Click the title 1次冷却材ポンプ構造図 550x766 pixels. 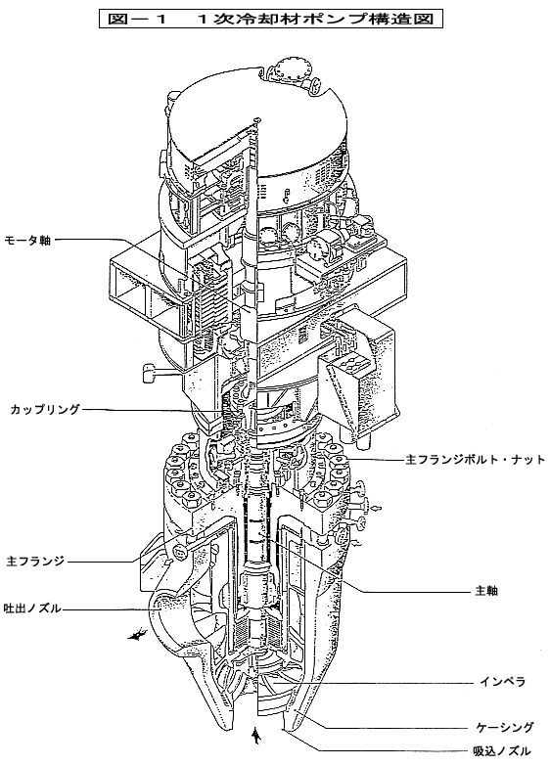(316, 19)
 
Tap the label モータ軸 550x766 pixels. (27, 241)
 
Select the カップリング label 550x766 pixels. (45, 409)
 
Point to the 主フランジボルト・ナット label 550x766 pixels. (476, 460)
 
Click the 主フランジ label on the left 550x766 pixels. (35, 562)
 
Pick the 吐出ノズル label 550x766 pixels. (32, 608)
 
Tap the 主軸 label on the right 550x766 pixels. (486, 591)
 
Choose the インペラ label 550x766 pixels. (502, 682)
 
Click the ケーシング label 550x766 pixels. (505, 728)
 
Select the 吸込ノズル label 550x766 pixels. (502, 751)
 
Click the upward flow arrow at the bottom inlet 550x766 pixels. (254, 736)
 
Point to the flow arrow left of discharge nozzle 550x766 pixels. (137, 635)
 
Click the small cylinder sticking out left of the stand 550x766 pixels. (149, 374)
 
